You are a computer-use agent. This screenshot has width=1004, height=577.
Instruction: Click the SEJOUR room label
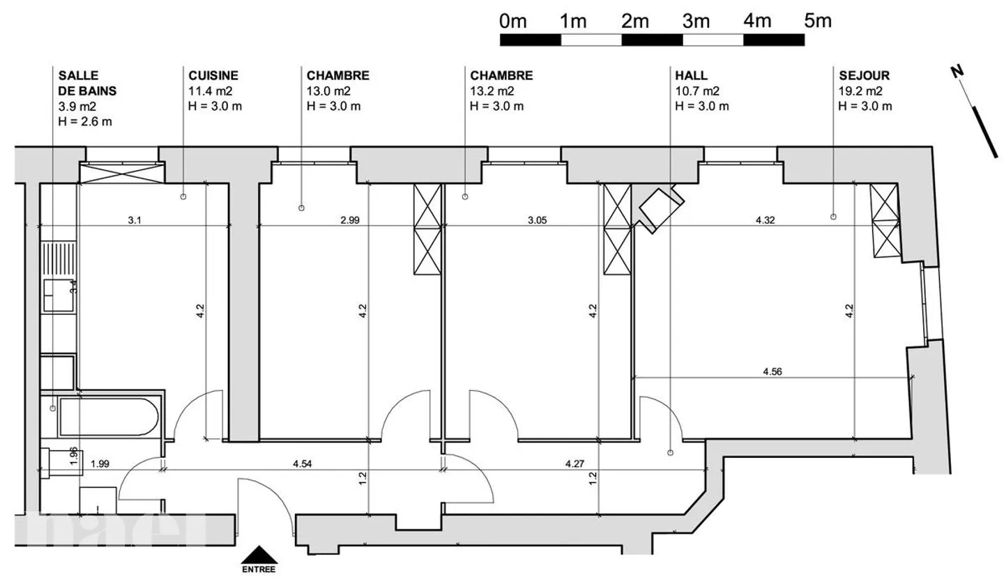[x=864, y=76]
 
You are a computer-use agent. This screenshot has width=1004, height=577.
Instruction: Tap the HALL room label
[x=691, y=76]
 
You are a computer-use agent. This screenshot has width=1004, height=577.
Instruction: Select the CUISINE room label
[x=213, y=76]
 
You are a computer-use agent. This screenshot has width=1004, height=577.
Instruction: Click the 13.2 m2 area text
[x=492, y=91]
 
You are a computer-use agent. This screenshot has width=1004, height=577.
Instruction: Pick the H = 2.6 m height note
[x=85, y=121]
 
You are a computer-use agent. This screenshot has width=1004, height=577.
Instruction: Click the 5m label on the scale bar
[x=818, y=22]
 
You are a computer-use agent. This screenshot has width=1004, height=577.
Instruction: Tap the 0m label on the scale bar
[x=513, y=22]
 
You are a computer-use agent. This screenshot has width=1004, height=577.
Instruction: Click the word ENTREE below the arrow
[x=259, y=569]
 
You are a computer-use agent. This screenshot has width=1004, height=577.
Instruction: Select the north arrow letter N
[x=957, y=71]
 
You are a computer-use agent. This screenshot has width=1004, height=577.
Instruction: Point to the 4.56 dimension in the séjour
[x=772, y=371]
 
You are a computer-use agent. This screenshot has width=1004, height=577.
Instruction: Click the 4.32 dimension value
[x=765, y=220]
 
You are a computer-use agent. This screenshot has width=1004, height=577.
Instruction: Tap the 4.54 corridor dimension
[x=302, y=463]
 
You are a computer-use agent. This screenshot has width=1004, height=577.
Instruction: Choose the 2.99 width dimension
[x=350, y=220]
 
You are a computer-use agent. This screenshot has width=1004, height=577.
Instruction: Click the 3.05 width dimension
[x=537, y=220]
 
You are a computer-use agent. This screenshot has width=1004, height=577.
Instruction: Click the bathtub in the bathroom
[x=109, y=417]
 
